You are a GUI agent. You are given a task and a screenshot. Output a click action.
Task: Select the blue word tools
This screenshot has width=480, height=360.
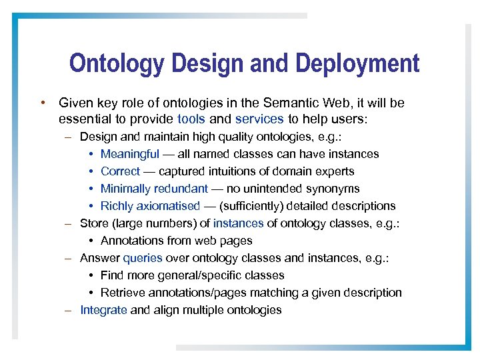coord(191,119)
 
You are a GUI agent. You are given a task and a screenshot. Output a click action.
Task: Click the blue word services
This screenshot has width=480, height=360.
coord(259,119)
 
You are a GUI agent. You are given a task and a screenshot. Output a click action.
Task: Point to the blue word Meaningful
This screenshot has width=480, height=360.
coord(129,154)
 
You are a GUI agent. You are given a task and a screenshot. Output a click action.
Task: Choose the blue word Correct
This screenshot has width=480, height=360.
coord(120,171)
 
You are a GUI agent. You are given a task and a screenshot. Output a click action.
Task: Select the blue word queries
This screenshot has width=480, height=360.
coord(142,258)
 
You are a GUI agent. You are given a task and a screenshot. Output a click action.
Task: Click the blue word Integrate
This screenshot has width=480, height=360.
coord(104,310)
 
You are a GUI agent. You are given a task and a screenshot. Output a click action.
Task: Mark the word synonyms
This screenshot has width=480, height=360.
coord(336,189)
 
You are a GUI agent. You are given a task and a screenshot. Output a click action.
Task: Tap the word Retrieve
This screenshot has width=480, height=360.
coord(121,293)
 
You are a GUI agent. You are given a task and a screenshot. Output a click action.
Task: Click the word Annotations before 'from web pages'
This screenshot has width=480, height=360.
coord(132,241)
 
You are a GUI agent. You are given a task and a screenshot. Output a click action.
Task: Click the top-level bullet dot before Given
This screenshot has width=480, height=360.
coord(41,103)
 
